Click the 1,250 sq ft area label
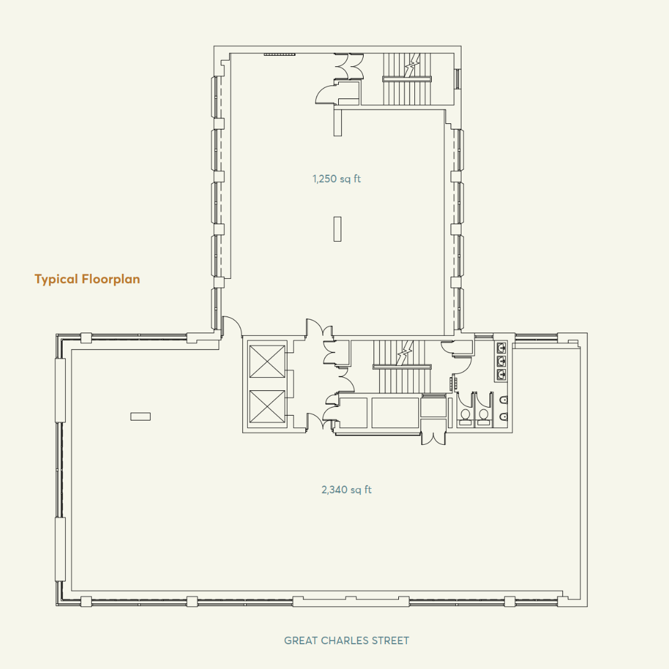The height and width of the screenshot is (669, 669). pos(336,179)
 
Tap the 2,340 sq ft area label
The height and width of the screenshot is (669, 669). pos(346,490)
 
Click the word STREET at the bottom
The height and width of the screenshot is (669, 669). pos(388,641)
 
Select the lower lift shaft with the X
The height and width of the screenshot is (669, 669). pos(266,407)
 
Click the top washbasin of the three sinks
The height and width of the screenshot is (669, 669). pos(501,348)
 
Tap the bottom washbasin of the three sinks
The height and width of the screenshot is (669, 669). pos(501,374)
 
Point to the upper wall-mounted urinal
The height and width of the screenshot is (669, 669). pos(505,400)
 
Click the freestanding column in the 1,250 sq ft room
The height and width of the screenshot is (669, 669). pos(337,229)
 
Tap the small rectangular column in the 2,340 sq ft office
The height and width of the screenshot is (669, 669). pos(141,416)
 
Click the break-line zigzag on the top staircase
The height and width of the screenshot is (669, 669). pos(409,65)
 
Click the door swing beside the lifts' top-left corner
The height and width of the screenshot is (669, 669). pos(231,326)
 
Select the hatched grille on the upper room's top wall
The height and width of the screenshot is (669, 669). pos(279,55)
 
